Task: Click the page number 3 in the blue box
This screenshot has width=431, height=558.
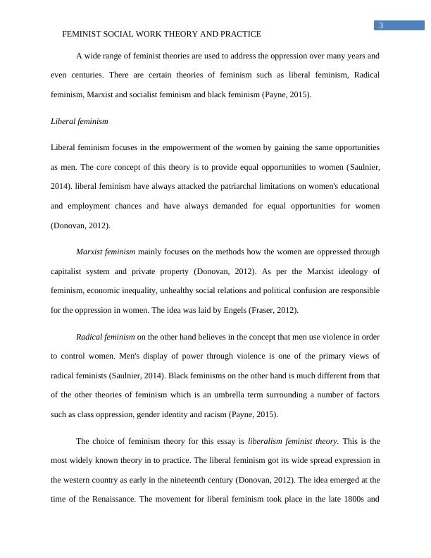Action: click(381, 26)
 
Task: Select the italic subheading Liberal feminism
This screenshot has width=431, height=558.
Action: click(80, 121)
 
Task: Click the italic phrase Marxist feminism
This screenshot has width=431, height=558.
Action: click(106, 252)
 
